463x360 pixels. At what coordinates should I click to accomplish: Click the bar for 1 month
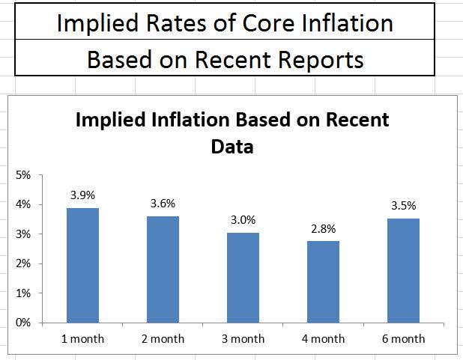(82, 266)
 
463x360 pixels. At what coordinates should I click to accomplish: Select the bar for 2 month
(163, 270)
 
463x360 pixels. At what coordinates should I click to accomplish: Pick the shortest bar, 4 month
(323, 282)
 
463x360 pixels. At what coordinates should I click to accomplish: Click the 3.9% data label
(82, 195)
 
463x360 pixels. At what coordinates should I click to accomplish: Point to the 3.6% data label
(163, 204)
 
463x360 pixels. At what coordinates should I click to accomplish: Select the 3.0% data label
(243, 220)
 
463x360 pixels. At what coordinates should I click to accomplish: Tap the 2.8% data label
(323, 228)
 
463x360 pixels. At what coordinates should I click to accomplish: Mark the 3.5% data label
(403, 206)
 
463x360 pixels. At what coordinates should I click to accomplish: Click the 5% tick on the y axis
(23, 175)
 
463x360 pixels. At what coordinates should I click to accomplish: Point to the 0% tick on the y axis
(23, 323)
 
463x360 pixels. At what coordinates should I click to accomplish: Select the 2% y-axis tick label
(23, 264)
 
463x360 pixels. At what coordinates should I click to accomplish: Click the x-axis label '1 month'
(82, 339)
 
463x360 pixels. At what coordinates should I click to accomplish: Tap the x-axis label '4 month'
(323, 339)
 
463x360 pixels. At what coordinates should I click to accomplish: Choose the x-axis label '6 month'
(403, 339)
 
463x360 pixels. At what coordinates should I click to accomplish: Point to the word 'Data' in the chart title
(231, 147)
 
